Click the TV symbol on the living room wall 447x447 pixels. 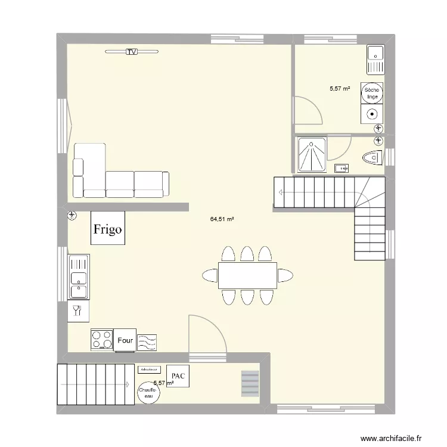click(x=132, y=52)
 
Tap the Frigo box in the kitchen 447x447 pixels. click(x=108, y=228)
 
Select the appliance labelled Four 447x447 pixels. click(x=125, y=340)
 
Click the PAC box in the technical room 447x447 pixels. click(x=178, y=376)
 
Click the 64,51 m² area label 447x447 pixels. click(x=222, y=219)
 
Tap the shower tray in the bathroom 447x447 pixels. click(x=312, y=153)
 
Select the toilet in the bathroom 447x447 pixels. click(x=372, y=157)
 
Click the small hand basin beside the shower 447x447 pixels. click(x=342, y=167)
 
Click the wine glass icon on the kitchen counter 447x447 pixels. click(x=76, y=310)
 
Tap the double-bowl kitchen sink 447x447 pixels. click(x=78, y=277)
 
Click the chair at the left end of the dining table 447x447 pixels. click(x=210, y=275)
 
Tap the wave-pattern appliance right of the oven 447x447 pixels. click(x=147, y=342)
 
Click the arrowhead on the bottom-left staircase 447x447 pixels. click(x=127, y=384)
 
